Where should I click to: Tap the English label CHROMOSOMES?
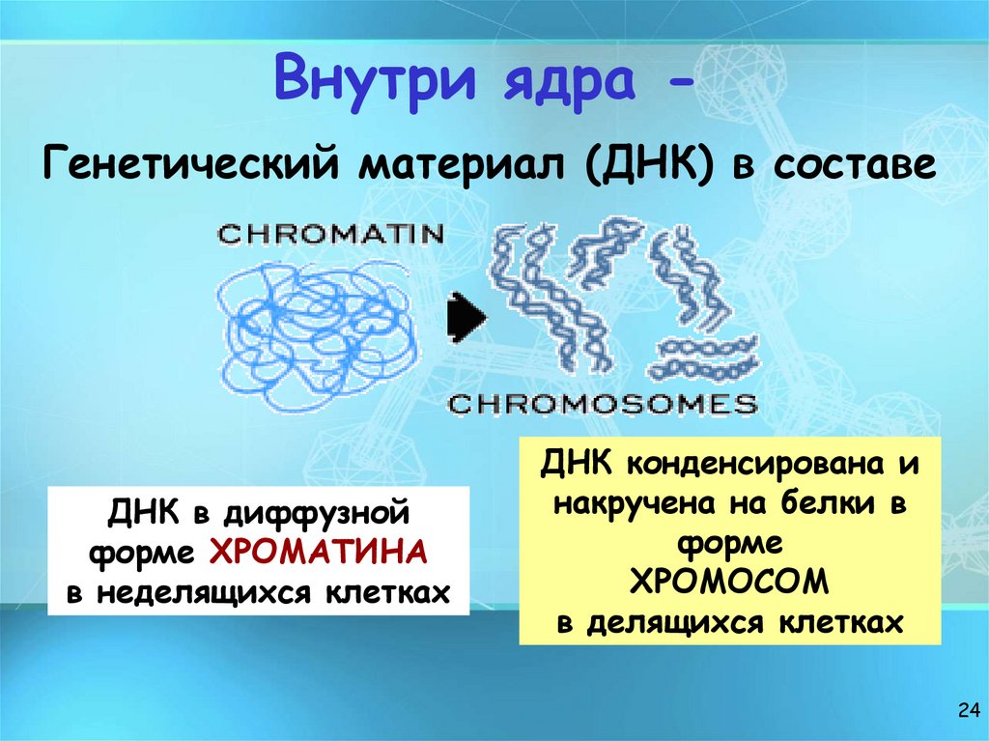pyautogui.click(x=604, y=403)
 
